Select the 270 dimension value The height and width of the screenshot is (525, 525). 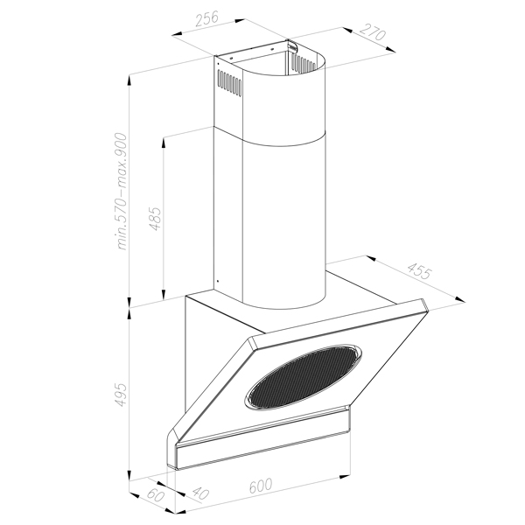coord(373,32)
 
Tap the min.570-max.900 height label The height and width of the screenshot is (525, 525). coord(122,192)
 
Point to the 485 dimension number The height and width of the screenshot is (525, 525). coord(156,219)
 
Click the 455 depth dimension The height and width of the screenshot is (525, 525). coord(419,270)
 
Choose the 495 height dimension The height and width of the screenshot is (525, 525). coord(122,395)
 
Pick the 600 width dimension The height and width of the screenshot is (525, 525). coord(261,485)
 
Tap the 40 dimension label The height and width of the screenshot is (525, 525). coord(200,493)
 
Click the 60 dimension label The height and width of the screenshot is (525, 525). coord(156,494)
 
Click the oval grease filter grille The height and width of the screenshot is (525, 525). coord(303,376)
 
